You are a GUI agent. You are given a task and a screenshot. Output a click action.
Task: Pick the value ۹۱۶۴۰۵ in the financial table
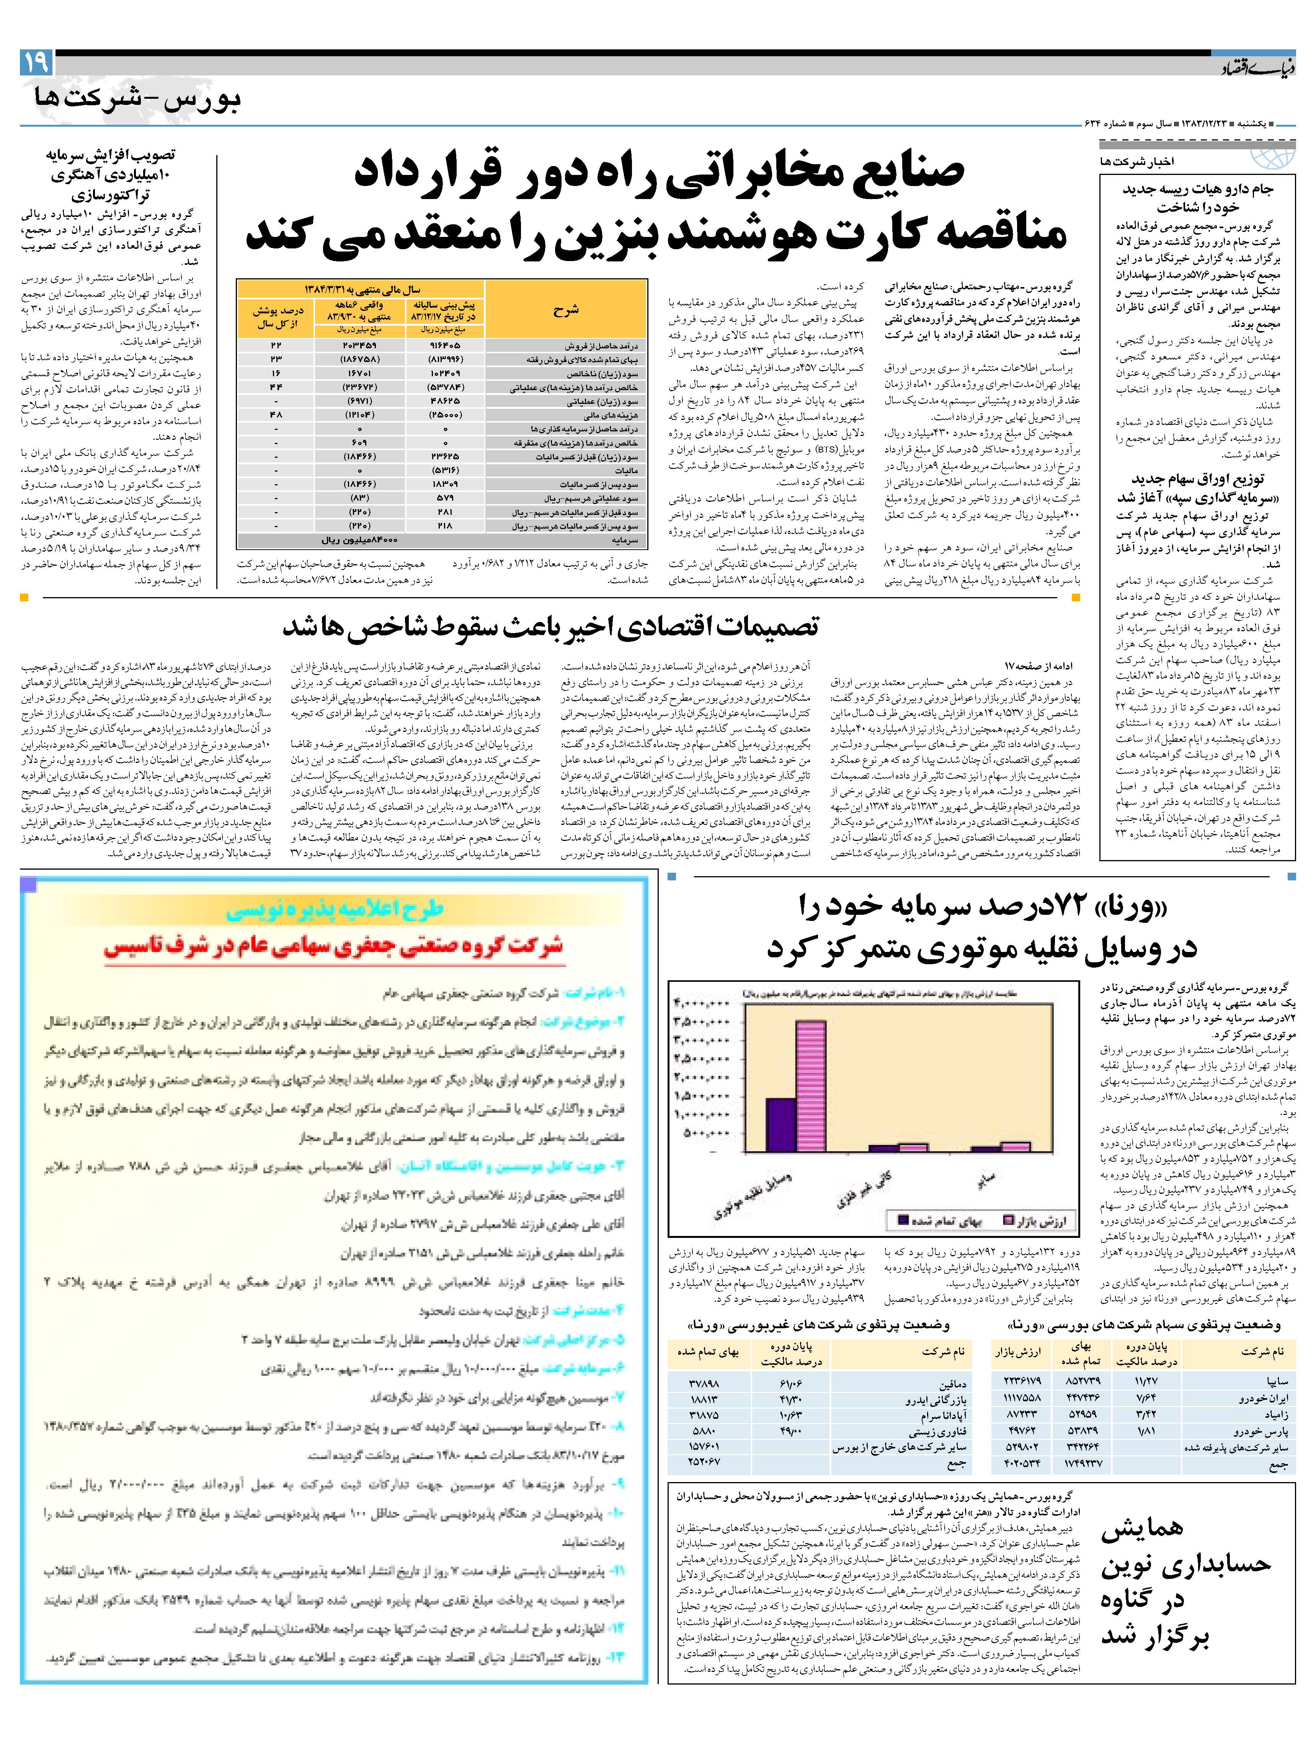(x=445, y=346)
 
